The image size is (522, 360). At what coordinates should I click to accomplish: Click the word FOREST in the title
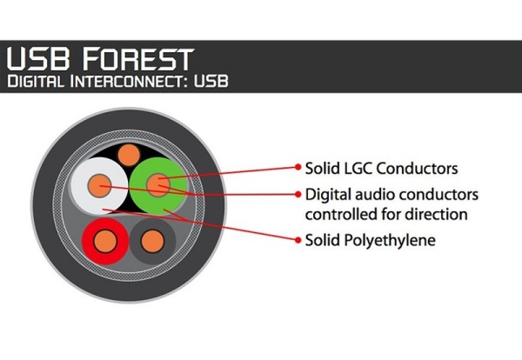(x=137, y=59)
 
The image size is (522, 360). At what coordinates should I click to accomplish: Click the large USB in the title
(x=38, y=58)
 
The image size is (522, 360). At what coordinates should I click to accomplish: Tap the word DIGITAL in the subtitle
(x=36, y=81)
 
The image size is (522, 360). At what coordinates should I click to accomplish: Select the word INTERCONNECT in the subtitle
(x=126, y=82)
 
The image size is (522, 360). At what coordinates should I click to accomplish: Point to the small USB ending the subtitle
(x=211, y=81)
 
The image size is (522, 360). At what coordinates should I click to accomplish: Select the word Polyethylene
(x=390, y=240)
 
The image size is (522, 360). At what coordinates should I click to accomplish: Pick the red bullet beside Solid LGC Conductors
(x=298, y=167)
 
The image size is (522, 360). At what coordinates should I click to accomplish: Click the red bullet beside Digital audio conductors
(x=298, y=194)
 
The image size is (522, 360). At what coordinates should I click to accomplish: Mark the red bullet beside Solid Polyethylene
(x=298, y=239)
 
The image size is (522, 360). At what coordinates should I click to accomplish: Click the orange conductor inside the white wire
(x=99, y=186)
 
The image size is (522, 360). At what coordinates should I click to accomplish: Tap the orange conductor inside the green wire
(x=158, y=184)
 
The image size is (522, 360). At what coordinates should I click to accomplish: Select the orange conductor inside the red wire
(x=105, y=241)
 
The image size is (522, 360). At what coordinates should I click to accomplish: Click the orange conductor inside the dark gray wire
(x=152, y=241)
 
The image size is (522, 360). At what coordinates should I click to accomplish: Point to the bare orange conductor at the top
(x=129, y=155)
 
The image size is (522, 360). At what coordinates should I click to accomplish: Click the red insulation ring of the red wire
(x=87, y=241)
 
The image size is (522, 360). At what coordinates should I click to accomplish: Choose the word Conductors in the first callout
(x=418, y=169)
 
